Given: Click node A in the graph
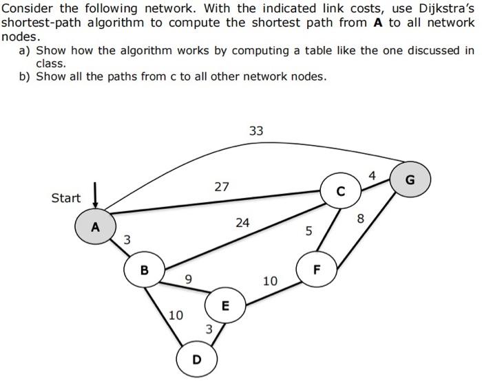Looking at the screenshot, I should point(96,226).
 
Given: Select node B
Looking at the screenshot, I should point(144,270).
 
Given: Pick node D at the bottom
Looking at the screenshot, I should point(197,358).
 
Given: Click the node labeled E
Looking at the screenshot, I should point(224,305).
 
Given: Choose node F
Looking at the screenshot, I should point(316,269).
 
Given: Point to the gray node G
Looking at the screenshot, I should point(410,180).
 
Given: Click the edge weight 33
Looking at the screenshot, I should point(256,131).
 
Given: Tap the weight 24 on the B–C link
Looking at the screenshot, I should point(242,223).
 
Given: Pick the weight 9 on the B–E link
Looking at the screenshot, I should point(188,279).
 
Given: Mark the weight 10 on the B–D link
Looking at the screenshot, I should point(176,316).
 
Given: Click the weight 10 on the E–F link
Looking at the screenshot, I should point(270,281).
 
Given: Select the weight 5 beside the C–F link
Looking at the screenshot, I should point(309,232).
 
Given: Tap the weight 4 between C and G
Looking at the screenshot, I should point(372,176).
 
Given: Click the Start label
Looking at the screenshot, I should point(66,198).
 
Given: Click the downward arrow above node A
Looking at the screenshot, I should point(95,195).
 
